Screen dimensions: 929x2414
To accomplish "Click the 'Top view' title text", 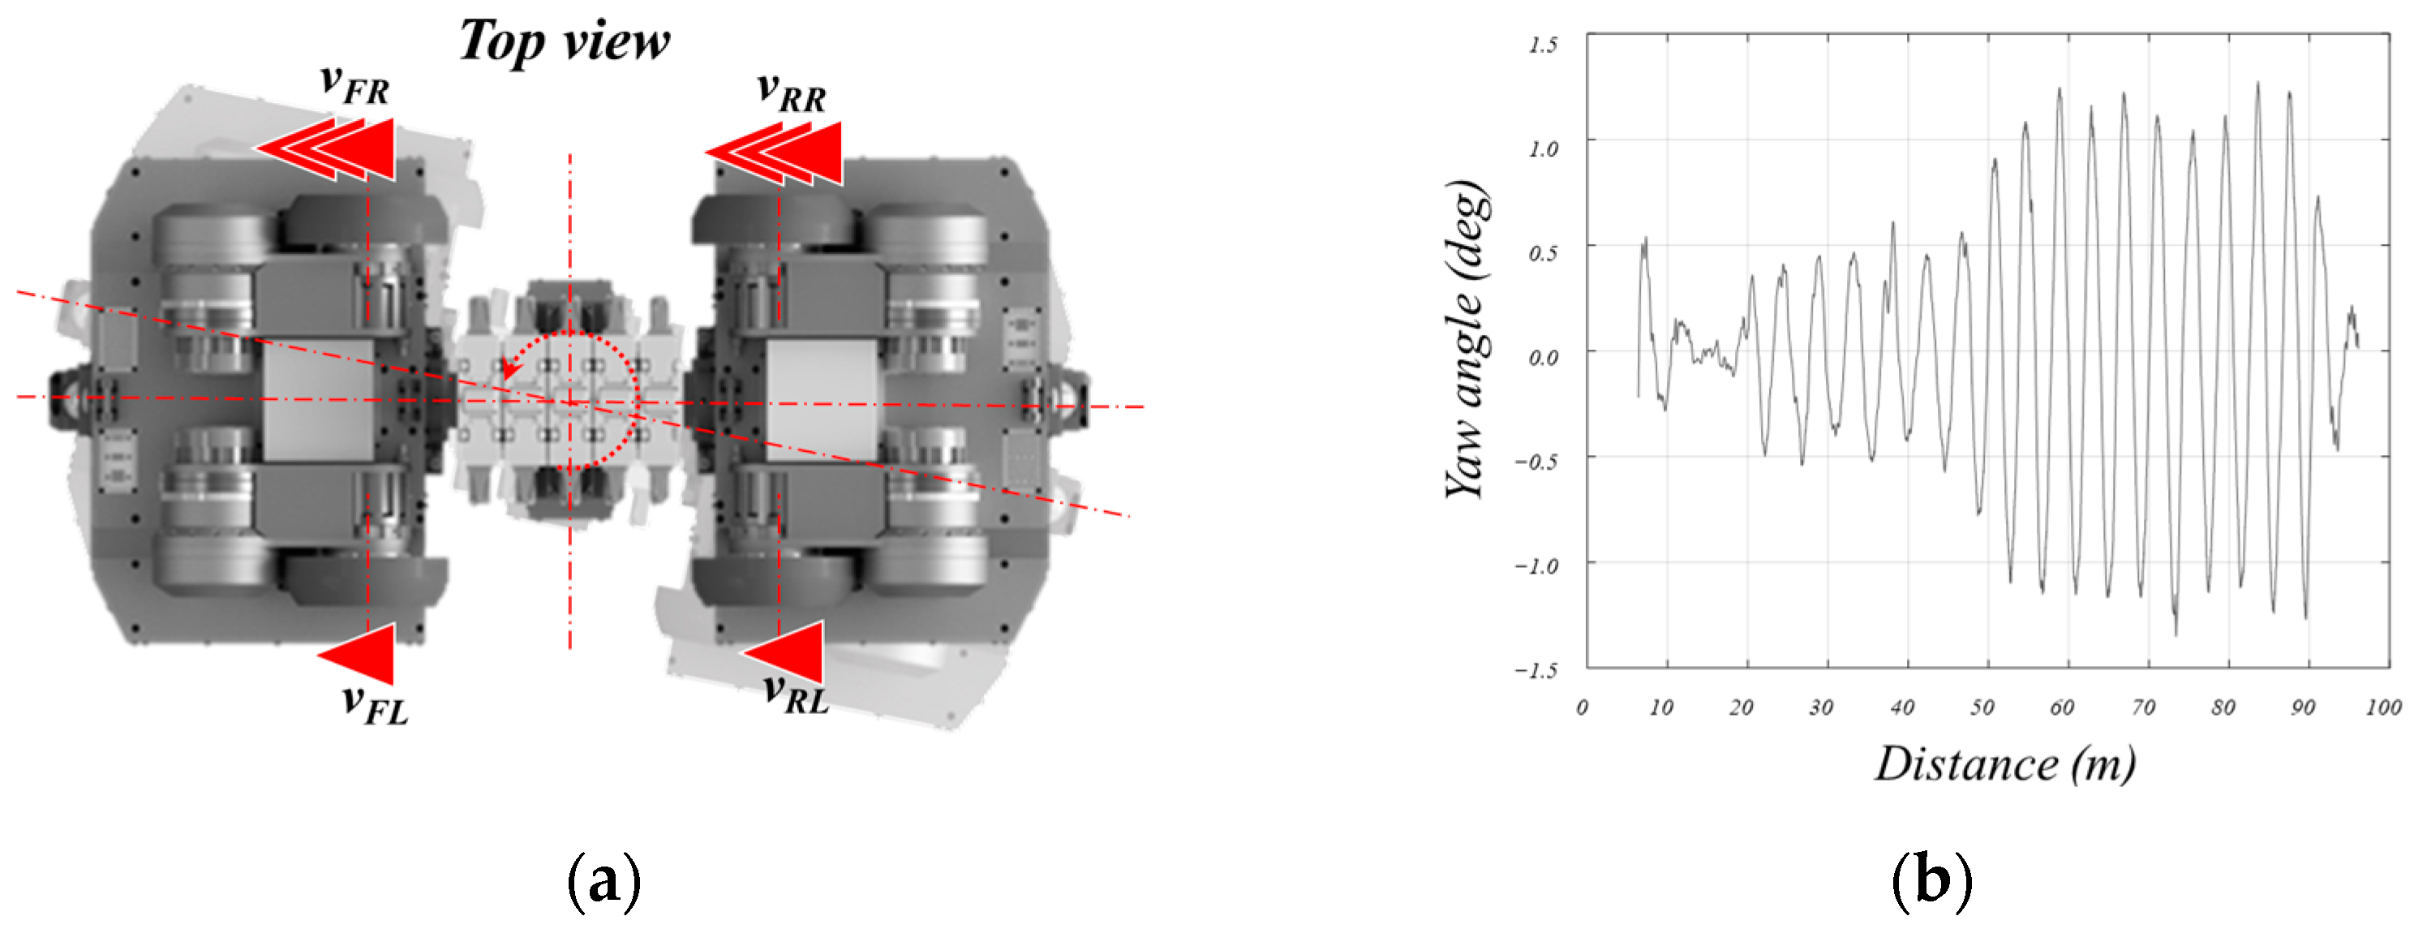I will (x=564, y=41).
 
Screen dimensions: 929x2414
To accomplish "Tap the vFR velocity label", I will (x=354, y=84).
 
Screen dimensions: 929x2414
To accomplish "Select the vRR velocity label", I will (x=791, y=92).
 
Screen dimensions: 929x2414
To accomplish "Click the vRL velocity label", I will (x=796, y=694).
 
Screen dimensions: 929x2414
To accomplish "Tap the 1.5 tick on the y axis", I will (x=1543, y=44).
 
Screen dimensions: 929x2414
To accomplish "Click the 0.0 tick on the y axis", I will (x=1543, y=357).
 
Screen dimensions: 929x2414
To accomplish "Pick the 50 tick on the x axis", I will (x=1981, y=707).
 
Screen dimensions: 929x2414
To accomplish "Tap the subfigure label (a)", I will (x=604, y=880).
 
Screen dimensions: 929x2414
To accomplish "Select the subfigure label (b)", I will (x=1931, y=880).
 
